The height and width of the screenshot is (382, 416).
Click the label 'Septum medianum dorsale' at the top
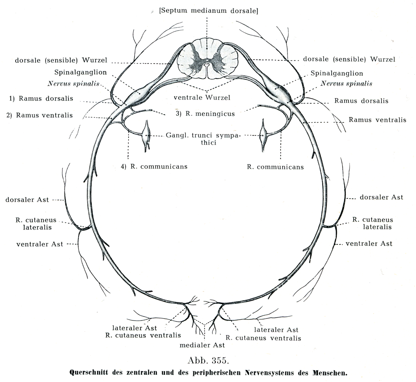point(208,11)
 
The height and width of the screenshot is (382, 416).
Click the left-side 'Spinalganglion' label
point(81,72)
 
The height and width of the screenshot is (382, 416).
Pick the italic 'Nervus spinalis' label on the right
point(346,84)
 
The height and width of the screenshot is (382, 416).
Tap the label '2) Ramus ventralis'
point(40,115)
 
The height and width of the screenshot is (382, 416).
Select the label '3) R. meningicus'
point(205,114)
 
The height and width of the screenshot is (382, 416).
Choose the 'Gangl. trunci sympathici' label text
point(203,139)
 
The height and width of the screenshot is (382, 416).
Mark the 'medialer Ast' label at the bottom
point(202,345)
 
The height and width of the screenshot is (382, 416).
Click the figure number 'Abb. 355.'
point(207,359)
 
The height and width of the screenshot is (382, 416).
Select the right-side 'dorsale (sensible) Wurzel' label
point(349,59)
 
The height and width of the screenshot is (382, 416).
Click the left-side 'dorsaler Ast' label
point(27,200)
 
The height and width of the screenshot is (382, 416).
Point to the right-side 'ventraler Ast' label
point(369,243)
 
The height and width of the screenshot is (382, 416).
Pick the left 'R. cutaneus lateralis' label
point(36,224)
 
